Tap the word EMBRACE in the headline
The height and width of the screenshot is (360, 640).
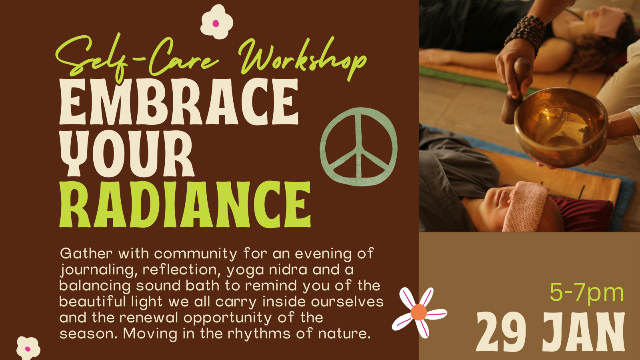(x=179, y=102)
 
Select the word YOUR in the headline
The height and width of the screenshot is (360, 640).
(x=127, y=153)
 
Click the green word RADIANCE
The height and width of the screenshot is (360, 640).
(x=185, y=204)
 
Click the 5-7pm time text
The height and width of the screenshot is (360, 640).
(x=587, y=292)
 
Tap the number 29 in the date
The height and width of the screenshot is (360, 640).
(x=501, y=332)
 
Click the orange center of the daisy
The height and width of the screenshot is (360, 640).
(x=418, y=312)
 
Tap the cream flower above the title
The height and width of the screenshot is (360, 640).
(x=216, y=22)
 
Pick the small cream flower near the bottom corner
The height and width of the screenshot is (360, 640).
(x=28, y=348)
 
